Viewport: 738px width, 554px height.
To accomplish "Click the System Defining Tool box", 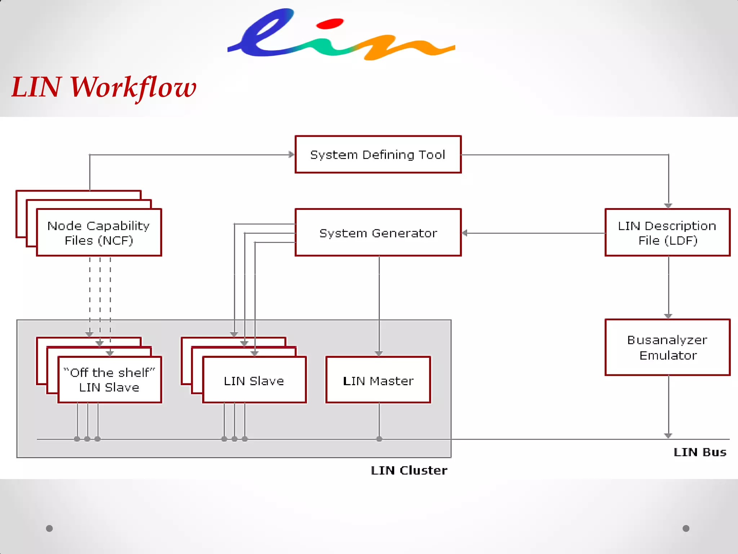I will [378, 154].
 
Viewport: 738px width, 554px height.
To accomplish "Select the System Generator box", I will [378, 233].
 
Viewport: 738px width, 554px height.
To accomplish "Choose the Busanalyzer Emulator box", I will [667, 347].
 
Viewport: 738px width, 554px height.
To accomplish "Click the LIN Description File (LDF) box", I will [667, 233].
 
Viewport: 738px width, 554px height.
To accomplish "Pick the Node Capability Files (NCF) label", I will [99, 233].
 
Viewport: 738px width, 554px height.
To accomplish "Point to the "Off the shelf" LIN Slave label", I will [109, 379].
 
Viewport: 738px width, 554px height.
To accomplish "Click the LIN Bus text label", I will [699, 452].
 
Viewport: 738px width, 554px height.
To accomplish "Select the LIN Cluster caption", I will [409, 470].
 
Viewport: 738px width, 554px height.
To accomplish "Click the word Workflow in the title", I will [133, 88].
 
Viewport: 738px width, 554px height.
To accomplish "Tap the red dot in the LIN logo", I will [329, 24].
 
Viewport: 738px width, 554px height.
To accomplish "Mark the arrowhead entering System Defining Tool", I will [292, 155].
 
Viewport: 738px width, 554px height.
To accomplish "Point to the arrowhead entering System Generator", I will [465, 233].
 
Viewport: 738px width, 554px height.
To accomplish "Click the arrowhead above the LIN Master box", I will [379, 353].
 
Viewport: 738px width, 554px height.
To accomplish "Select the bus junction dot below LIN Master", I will [379, 439].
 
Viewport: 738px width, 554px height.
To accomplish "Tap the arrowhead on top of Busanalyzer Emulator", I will [668, 316].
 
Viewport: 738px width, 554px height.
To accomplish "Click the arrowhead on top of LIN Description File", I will [668, 206].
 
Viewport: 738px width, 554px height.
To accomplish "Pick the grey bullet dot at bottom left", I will [49, 528].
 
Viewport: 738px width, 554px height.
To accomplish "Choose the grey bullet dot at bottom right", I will [686, 528].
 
